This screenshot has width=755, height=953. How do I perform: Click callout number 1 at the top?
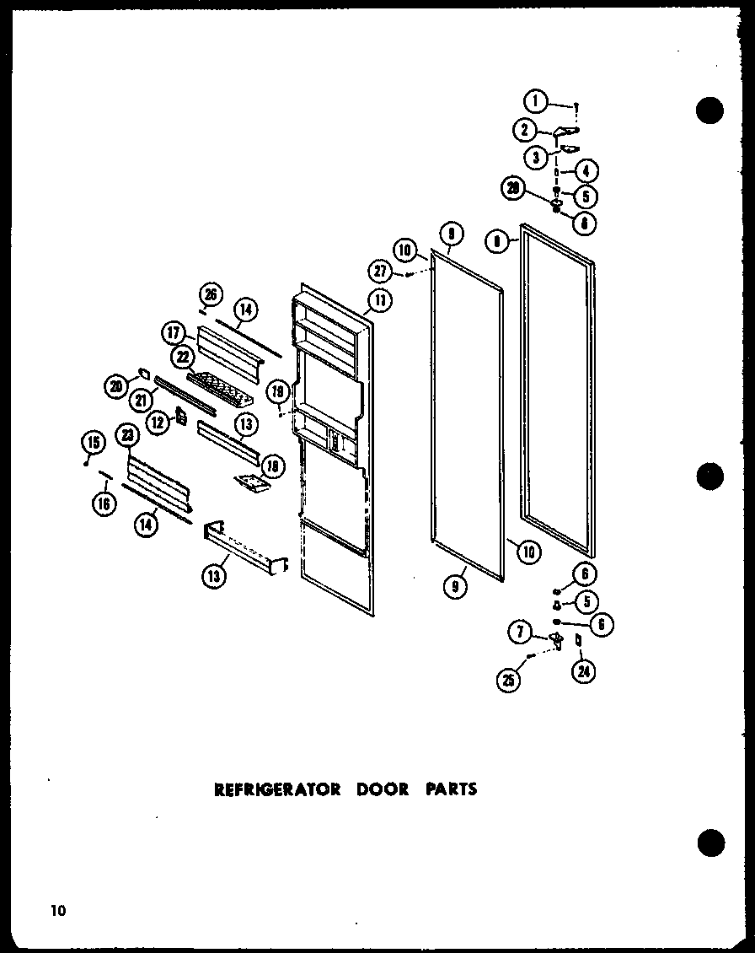click(x=534, y=101)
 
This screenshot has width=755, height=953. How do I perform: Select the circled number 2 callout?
click(x=523, y=130)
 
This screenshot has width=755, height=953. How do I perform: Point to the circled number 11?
click(x=381, y=299)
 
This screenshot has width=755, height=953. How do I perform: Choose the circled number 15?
click(x=93, y=441)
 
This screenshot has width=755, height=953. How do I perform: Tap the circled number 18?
click(x=273, y=466)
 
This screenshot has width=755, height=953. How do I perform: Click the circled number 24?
click(x=582, y=671)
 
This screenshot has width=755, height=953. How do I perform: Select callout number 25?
click(x=509, y=681)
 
